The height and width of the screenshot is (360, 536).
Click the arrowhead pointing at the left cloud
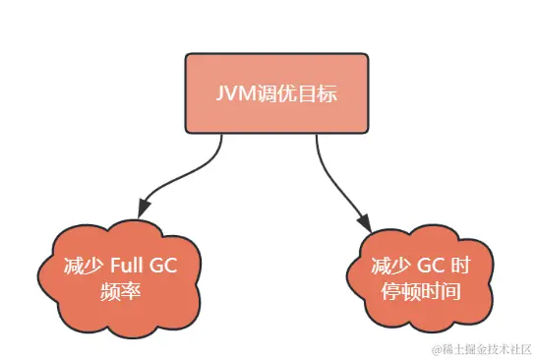(145, 209)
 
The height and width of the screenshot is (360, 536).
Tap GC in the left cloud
(168, 267)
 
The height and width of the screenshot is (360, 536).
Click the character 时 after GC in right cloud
(456, 267)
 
